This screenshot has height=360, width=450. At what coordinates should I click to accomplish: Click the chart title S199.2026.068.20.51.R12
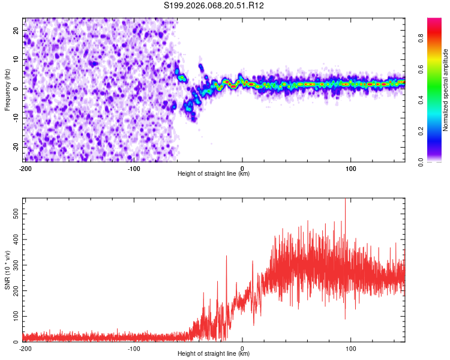click(214, 5)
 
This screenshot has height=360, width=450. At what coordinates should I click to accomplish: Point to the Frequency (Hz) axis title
click(7, 89)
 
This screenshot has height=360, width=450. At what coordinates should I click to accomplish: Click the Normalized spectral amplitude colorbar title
click(446, 91)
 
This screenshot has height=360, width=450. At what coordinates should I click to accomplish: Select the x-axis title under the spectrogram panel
click(214, 173)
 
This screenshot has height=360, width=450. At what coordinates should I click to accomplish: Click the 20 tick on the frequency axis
click(16, 29)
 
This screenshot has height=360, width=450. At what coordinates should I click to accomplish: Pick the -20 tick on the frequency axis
click(15, 147)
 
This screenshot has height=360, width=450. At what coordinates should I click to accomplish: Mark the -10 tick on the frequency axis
click(15, 118)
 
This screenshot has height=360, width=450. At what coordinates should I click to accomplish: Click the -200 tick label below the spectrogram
click(25, 168)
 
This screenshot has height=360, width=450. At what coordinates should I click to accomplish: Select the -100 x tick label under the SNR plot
click(134, 348)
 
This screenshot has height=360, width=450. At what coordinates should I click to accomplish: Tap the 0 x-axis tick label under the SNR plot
click(242, 348)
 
